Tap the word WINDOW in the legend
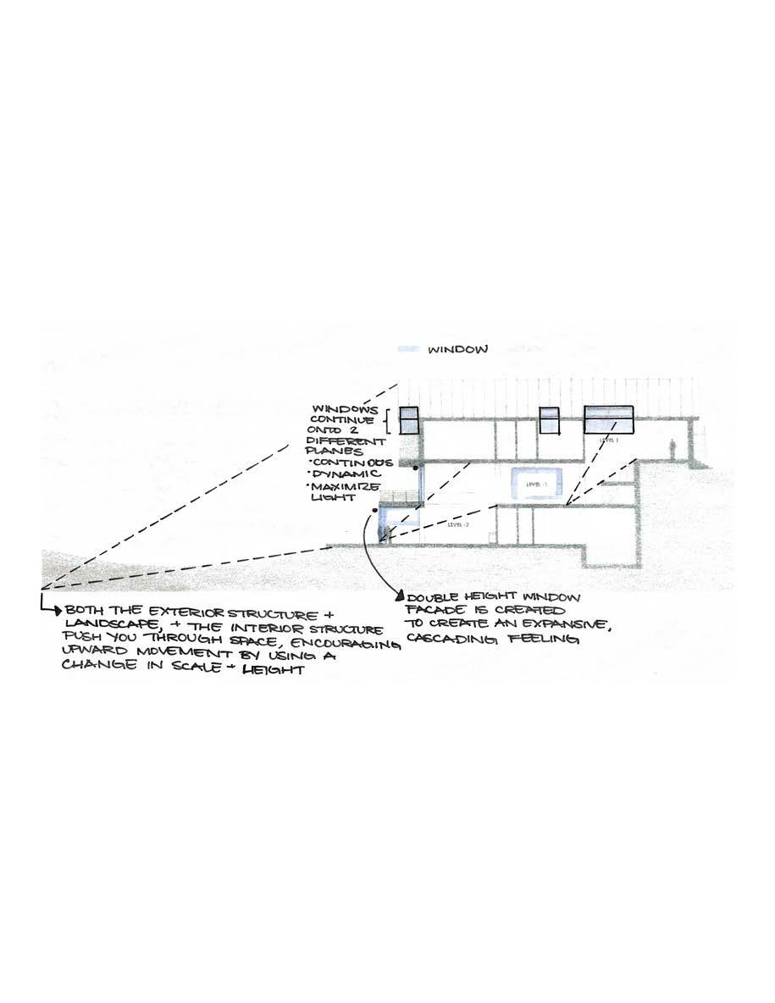click(457, 349)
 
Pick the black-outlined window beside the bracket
click(410, 421)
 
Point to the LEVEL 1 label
click(609, 441)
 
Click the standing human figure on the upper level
click(672, 449)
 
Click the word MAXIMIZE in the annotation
click(347, 490)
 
